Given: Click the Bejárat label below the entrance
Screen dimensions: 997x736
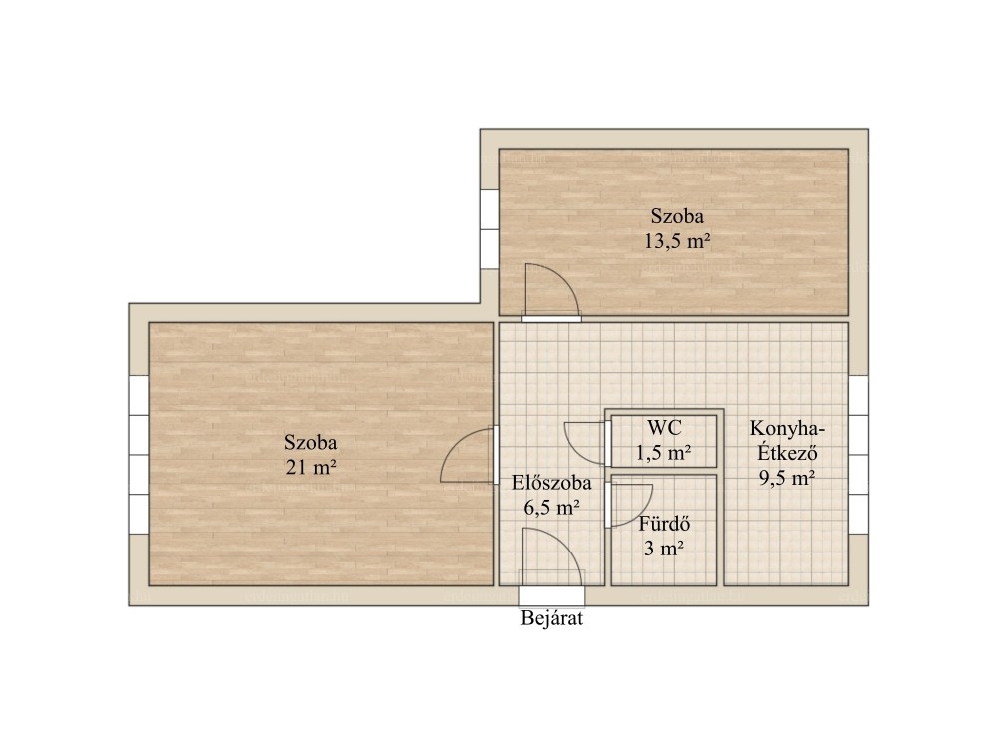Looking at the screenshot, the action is pyautogui.click(x=552, y=618).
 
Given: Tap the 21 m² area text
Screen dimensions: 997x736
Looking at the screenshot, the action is pyautogui.click(x=311, y=467).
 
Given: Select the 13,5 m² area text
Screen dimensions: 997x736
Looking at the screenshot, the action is pyautogui.click(x=677, y=241).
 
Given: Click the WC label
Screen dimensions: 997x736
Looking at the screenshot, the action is pyautogui.click(x=664, y=428).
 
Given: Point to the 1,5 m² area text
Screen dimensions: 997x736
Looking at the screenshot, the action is pyautogui.click(x=664, y=453).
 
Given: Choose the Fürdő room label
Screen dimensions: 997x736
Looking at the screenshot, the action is pyautogui.click(x=664, y=524).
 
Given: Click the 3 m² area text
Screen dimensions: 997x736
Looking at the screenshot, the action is pyautogui.click(x=664, y=548).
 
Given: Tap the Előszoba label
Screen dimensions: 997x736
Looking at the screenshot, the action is pyautogui.click(x=552, y=483).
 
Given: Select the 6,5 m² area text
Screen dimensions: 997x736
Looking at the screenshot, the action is pyautogui.click(x=552, y=507).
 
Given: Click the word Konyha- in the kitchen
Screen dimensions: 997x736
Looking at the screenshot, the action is pyautogui.click(x=788, y=428).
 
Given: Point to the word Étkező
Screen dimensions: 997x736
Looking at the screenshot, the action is pyautogui.click(x=788, y=453).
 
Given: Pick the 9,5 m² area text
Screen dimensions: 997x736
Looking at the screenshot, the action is pyautogui.click(x=788, y=477).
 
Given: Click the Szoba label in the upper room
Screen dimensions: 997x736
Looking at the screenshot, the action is pyautogui.click(x=677, y=216).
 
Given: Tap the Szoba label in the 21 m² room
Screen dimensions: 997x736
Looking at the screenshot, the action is pyautogui.click(x=311, y=442).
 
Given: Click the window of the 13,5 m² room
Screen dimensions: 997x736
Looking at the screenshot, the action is pyautogui.click(x=490, y=229).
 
